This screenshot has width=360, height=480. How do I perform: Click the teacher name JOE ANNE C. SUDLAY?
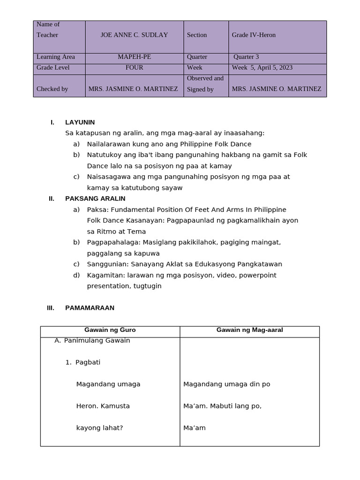[x=134, y=35]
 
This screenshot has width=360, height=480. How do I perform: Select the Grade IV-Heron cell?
[x=254, y=35]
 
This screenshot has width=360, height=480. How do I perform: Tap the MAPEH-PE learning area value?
[x=134, y=57]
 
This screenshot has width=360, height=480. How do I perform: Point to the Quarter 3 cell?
[x=246, y=57]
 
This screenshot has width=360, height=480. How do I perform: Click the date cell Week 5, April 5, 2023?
[x=262, y=67]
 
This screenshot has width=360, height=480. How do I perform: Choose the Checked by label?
[x=52, y=89]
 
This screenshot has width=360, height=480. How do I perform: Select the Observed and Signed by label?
[x=205, y=84]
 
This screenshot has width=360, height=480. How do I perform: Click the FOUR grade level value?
[x=134, y=67]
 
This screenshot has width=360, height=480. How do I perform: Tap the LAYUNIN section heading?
[x=80, y=122]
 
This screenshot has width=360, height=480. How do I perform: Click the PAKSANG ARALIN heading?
[x=95, y=199]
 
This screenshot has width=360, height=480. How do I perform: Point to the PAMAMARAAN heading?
[x=90, y=308]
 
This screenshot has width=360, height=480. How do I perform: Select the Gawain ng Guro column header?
[x=110, y=330]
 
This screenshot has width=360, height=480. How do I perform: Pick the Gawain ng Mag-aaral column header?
[x=249, y=330]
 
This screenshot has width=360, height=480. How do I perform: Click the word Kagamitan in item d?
[x=103, y=275]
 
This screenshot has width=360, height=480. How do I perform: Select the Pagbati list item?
[x=88, y=362]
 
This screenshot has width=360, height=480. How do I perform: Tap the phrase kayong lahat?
[x=99, y=427]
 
